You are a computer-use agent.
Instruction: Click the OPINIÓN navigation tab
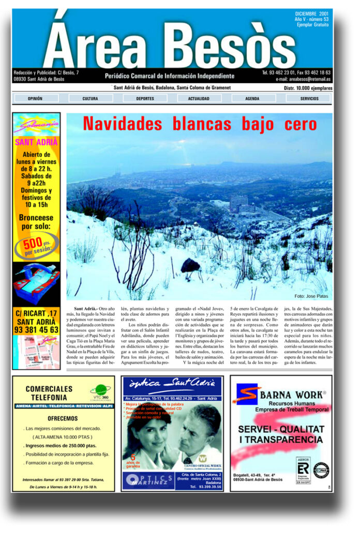tap(35, 98)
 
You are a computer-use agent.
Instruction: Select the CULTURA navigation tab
tap(90, 98)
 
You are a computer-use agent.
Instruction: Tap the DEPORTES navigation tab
tap(145, 98)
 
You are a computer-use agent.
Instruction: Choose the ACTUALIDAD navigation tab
tap(199, 98)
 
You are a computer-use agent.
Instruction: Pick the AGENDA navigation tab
tap(252, 98)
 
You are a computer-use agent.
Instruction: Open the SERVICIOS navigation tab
tap(309, 98)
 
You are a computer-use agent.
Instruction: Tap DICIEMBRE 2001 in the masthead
tap(312, 14)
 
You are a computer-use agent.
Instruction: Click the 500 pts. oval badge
tap(36, 246)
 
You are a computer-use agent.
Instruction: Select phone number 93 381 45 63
tap(36, 329)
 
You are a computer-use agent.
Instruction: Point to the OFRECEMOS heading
tap(63, 418)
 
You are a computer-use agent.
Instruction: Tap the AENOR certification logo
tap(303, 469)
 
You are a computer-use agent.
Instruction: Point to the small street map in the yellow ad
tap(36, 352)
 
